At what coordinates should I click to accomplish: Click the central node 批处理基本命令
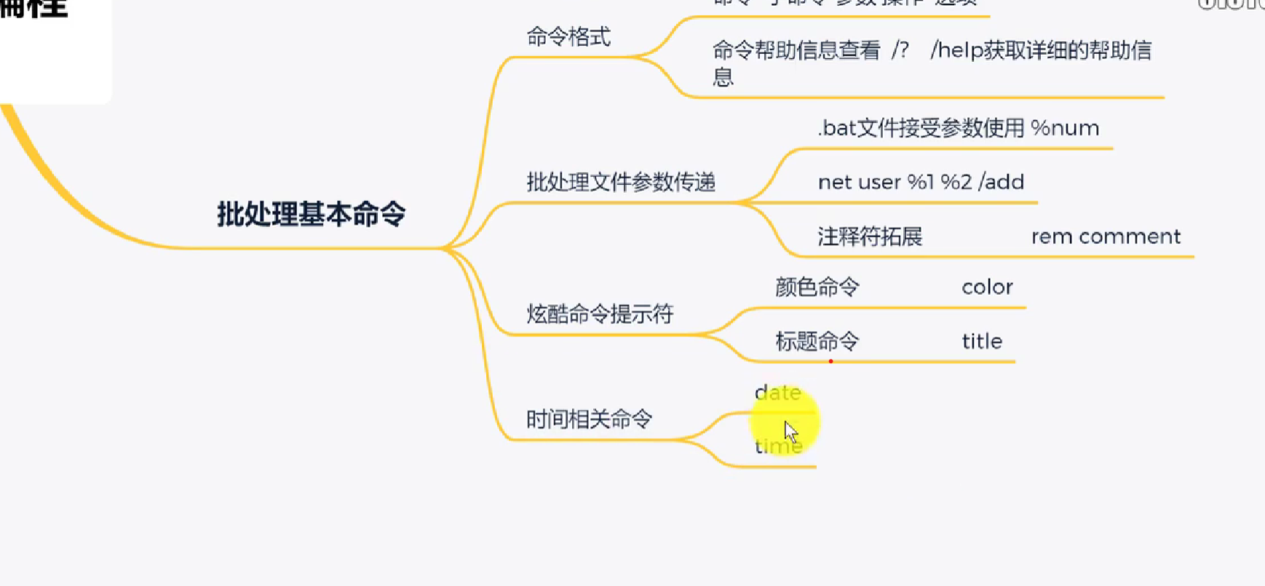point(311,214)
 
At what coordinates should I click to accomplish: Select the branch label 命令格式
point(568,37)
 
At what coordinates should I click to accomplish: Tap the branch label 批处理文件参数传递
point(620,182)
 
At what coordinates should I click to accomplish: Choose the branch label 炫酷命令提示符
point(600,314)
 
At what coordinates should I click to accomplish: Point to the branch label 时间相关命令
point(588,419)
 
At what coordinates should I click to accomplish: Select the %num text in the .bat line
point(1065,128)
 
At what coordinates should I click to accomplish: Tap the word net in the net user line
point(835,182)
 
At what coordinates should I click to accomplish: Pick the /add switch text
point(1002,182)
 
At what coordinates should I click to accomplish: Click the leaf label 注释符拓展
point(870,237)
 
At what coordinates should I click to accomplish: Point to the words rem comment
point(1106,237)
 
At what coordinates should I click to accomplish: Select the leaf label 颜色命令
point(817,287)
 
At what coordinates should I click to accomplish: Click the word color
point(987,287)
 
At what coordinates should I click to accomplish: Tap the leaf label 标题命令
point(817,341)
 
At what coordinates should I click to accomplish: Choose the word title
point(982,341)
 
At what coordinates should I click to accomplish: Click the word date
point(777,393)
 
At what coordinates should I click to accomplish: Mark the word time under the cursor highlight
point(777,446)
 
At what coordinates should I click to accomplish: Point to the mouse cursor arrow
point(790,431)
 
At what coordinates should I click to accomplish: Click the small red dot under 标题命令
point(830,361)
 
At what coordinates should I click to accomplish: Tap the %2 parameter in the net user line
point(956,182)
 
